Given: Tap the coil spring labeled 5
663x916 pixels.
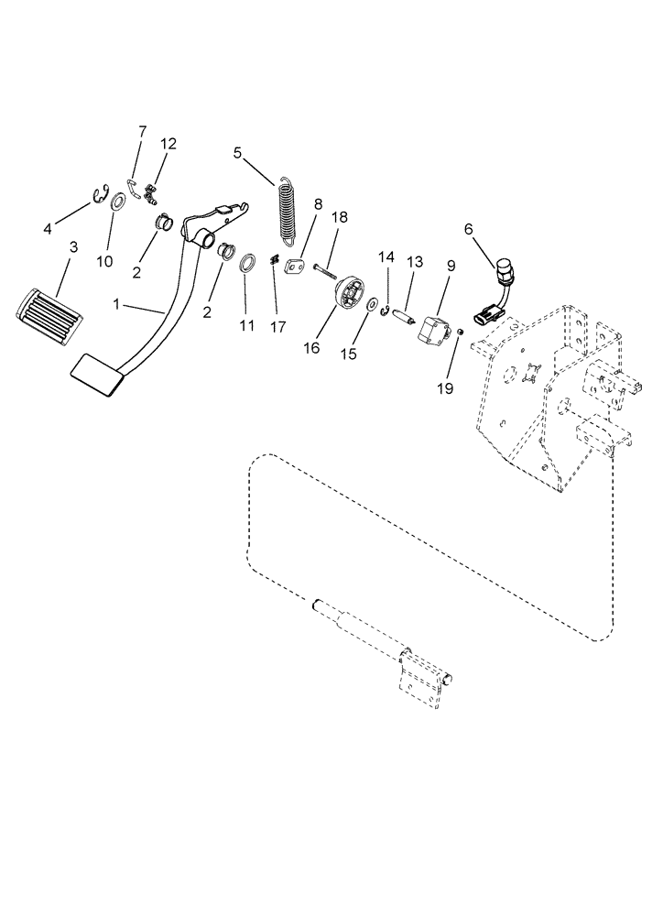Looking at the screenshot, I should pos(290,212).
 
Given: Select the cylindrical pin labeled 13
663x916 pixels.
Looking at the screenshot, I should pos(400,318).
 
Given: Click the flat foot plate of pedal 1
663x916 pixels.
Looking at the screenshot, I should pos(96,376).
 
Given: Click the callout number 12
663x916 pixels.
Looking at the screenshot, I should pos(168,144).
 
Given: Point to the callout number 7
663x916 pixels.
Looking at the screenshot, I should pos(142,132).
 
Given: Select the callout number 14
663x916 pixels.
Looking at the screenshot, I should pos(386,259).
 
